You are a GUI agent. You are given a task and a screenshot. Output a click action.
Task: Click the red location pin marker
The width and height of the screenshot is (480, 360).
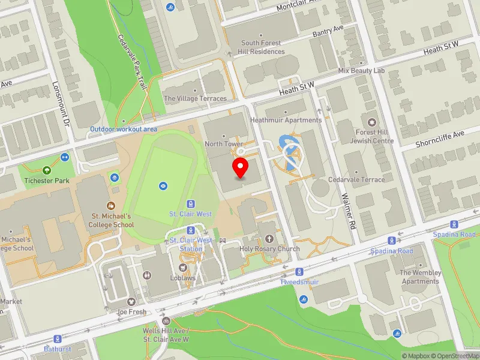[241, 169]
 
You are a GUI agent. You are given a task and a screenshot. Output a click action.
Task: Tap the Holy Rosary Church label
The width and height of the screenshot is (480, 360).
[269, 249]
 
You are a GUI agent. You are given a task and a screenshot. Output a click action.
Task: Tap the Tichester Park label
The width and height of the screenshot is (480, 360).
[47, 181]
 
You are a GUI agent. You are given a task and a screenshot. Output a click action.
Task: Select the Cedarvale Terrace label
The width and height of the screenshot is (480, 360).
[356, 179]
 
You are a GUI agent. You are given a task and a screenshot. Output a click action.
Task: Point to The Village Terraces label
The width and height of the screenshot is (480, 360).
[196, 98]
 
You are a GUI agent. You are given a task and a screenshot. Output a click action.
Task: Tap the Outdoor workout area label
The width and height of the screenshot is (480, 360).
[124, 129]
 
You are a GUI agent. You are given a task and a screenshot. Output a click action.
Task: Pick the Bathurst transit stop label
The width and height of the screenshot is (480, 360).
[58, 348]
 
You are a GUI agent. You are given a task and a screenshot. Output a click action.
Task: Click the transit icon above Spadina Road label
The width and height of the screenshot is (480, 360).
[392, 240]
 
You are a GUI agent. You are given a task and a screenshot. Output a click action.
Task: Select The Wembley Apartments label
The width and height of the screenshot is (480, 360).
[421, 277]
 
